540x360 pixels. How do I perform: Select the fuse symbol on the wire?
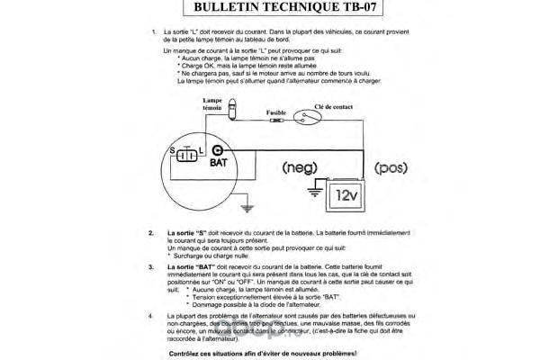point(275,119)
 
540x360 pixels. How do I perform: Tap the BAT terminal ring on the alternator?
point(217,150)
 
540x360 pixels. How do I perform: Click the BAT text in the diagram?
point(219,164)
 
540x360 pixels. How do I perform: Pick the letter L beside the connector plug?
point(205,149)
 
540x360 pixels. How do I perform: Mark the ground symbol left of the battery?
point(314,189)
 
